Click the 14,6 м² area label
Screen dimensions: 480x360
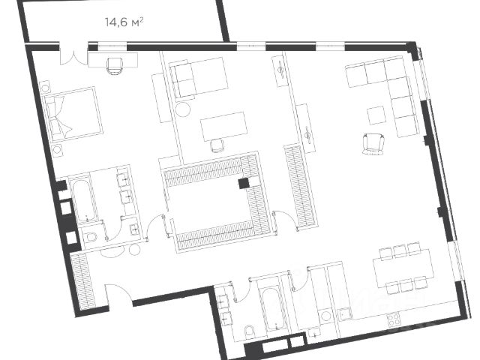pos(124,22)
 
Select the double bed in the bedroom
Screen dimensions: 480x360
pos(73,115)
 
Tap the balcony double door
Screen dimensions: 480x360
pos(73,54)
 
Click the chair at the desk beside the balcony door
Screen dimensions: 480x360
pos(115,66)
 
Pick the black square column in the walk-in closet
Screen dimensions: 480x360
pos(244,183)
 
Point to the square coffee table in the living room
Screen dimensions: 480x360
pos(376,115)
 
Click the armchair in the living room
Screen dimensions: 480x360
pos(373,144)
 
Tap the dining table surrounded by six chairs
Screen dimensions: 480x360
pos(403,268)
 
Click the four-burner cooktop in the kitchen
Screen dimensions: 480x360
pos(393,319)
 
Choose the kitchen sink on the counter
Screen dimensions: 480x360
pos(345,314)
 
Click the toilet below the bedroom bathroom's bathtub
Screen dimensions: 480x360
pos(91,236)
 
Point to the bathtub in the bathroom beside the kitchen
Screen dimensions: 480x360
pos(274,308)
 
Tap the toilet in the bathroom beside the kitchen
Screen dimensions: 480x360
pos(250,331)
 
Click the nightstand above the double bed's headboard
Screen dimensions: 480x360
pos(45,86)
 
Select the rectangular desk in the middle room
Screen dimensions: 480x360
pos(223,125)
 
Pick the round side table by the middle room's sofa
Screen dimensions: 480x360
pos(183,109)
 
